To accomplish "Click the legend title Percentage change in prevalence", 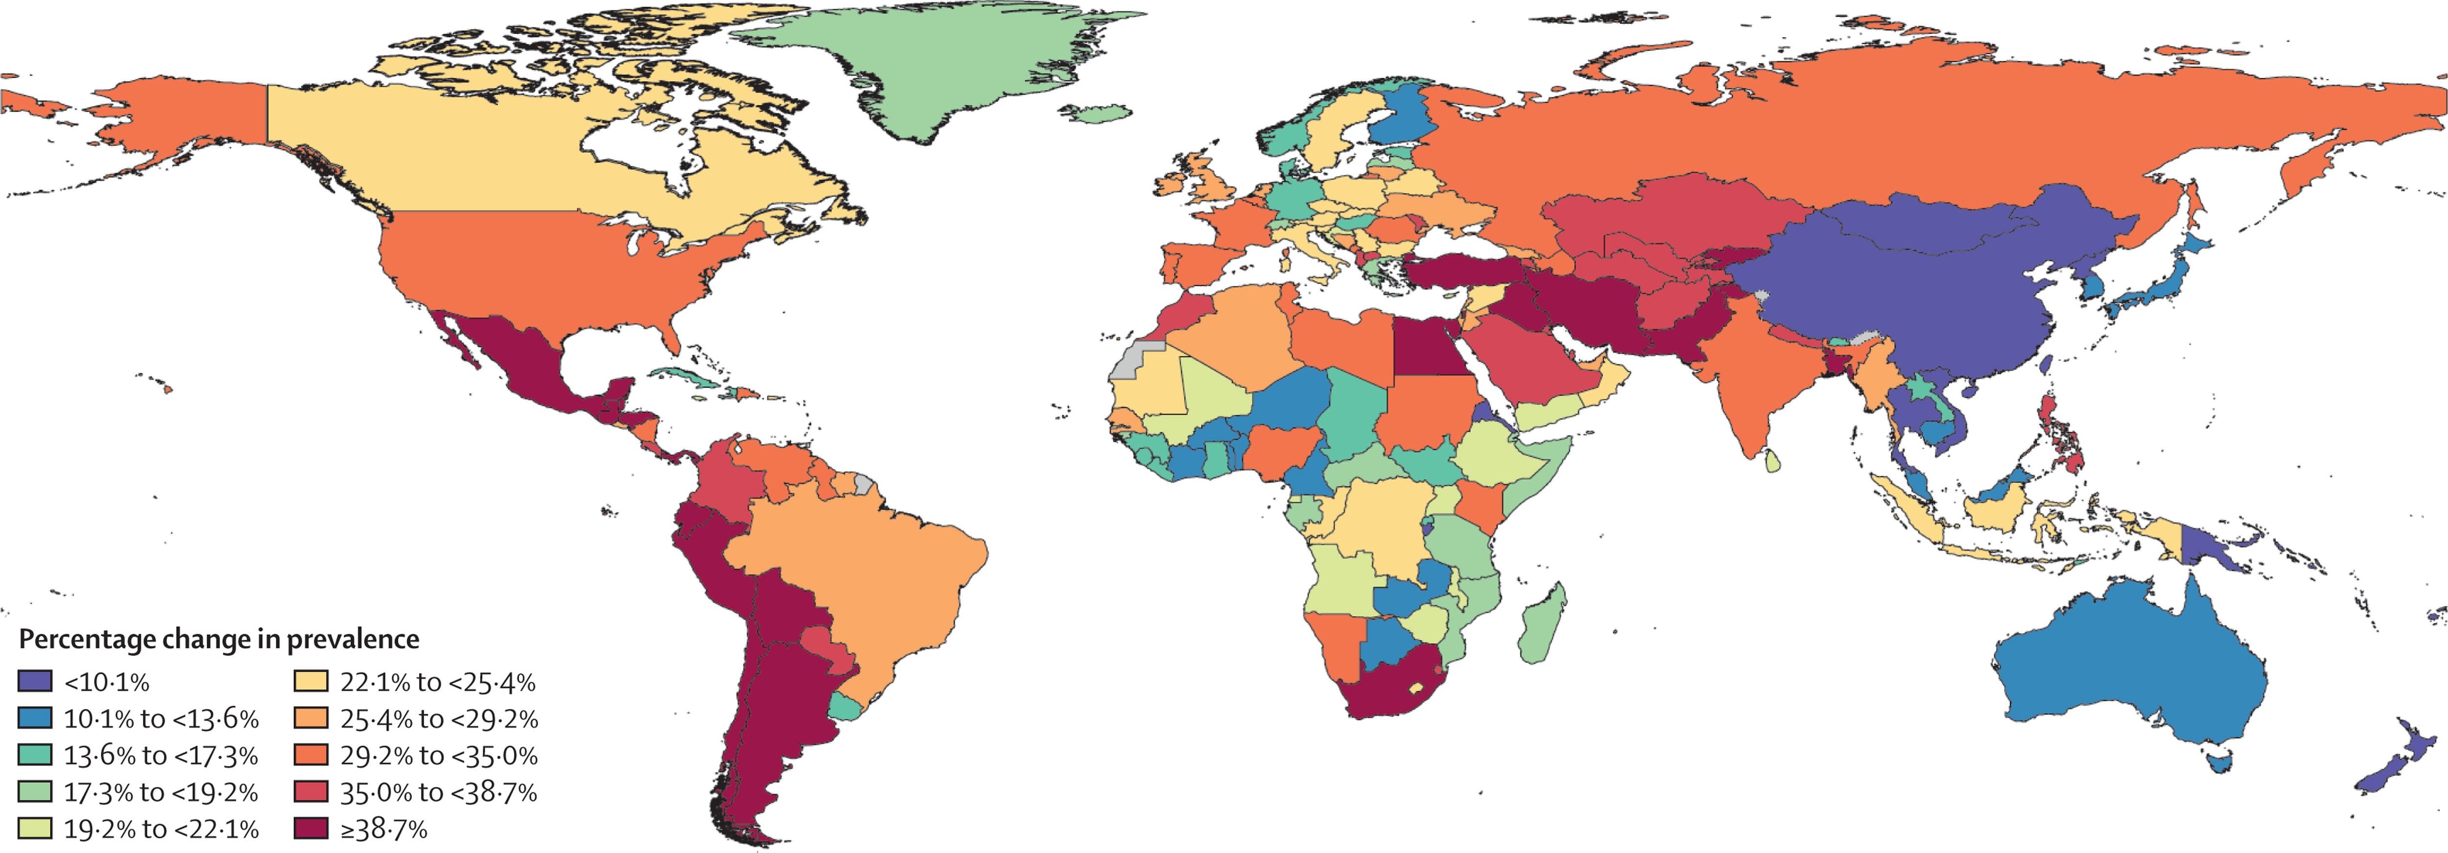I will tap(218, 639).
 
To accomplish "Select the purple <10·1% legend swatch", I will tap(35, 681).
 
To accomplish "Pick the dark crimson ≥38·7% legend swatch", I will tap(311, 829).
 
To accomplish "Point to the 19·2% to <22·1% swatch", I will tap(35, 829).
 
